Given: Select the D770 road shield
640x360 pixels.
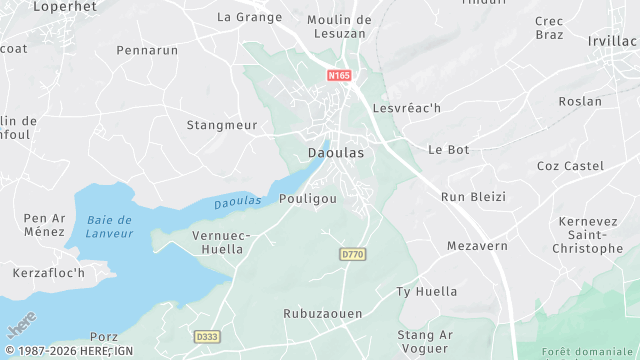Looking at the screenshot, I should pyautogui.click(x=352, y=255).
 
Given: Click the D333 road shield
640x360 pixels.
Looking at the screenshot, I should pyautogui.click(x=207, y=337).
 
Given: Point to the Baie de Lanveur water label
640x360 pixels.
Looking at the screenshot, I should pyautogui.click(x=110, y=226).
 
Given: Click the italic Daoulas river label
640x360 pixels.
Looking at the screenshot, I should pyautogui.click(x=238, y=202).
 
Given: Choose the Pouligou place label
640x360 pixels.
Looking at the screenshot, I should pyautogui.click(x=308, y=199).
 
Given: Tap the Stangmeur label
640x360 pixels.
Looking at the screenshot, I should pyautogui.click(x=222, y=125).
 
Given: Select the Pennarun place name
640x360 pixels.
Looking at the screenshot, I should pyautogui.click(x=147, y=49).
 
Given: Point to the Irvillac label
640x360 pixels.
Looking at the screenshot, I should pyautogui.click(x=613, y=40).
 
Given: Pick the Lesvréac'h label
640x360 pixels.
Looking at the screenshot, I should pyautogui.click(x=406, y=107).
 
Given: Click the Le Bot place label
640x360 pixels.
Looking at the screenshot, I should pyautogui.click(x=448, y=149).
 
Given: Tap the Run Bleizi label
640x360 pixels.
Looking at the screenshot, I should pyautogui.click(x=473, y=197).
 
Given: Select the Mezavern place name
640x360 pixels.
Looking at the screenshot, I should pyautogui.click(x=477, y=245).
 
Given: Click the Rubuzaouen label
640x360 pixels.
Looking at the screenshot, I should pyautogui.click(x=323, y=313).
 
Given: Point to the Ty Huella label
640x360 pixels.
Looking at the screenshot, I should pyautogui.click(x=427, y=292).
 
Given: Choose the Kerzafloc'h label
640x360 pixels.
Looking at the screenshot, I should pyautogui.click(x=49, y=272).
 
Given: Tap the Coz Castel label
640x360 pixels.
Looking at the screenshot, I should pyautogui.click(x=570, y=165).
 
